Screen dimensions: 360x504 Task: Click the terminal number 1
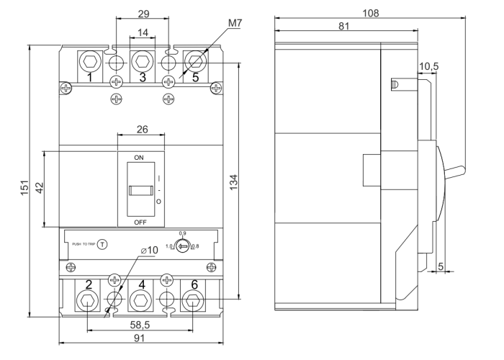click(89, 77)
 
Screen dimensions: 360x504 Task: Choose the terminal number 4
click(142, 285)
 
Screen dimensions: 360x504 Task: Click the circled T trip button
click(102, 244)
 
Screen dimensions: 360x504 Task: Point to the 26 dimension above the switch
click(141, 131)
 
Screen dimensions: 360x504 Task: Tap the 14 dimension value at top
click(142, 32)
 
